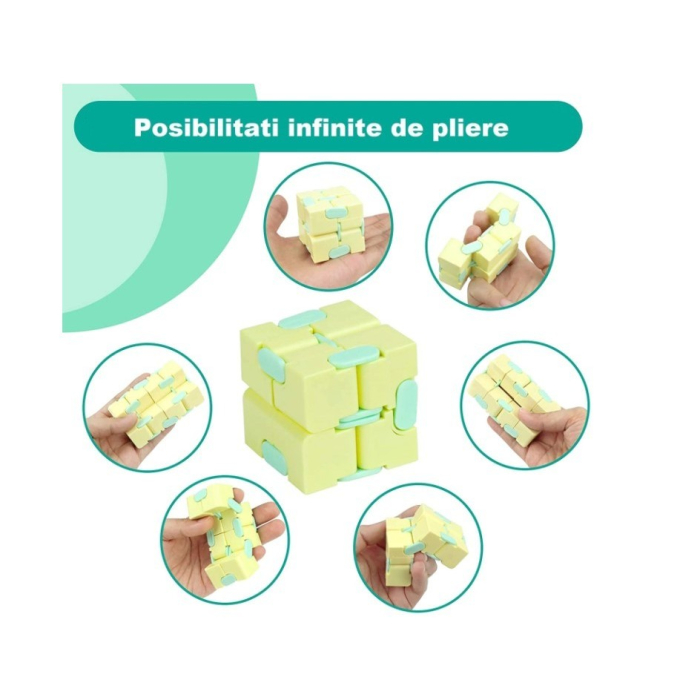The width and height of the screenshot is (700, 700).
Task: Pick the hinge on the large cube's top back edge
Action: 300,320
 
